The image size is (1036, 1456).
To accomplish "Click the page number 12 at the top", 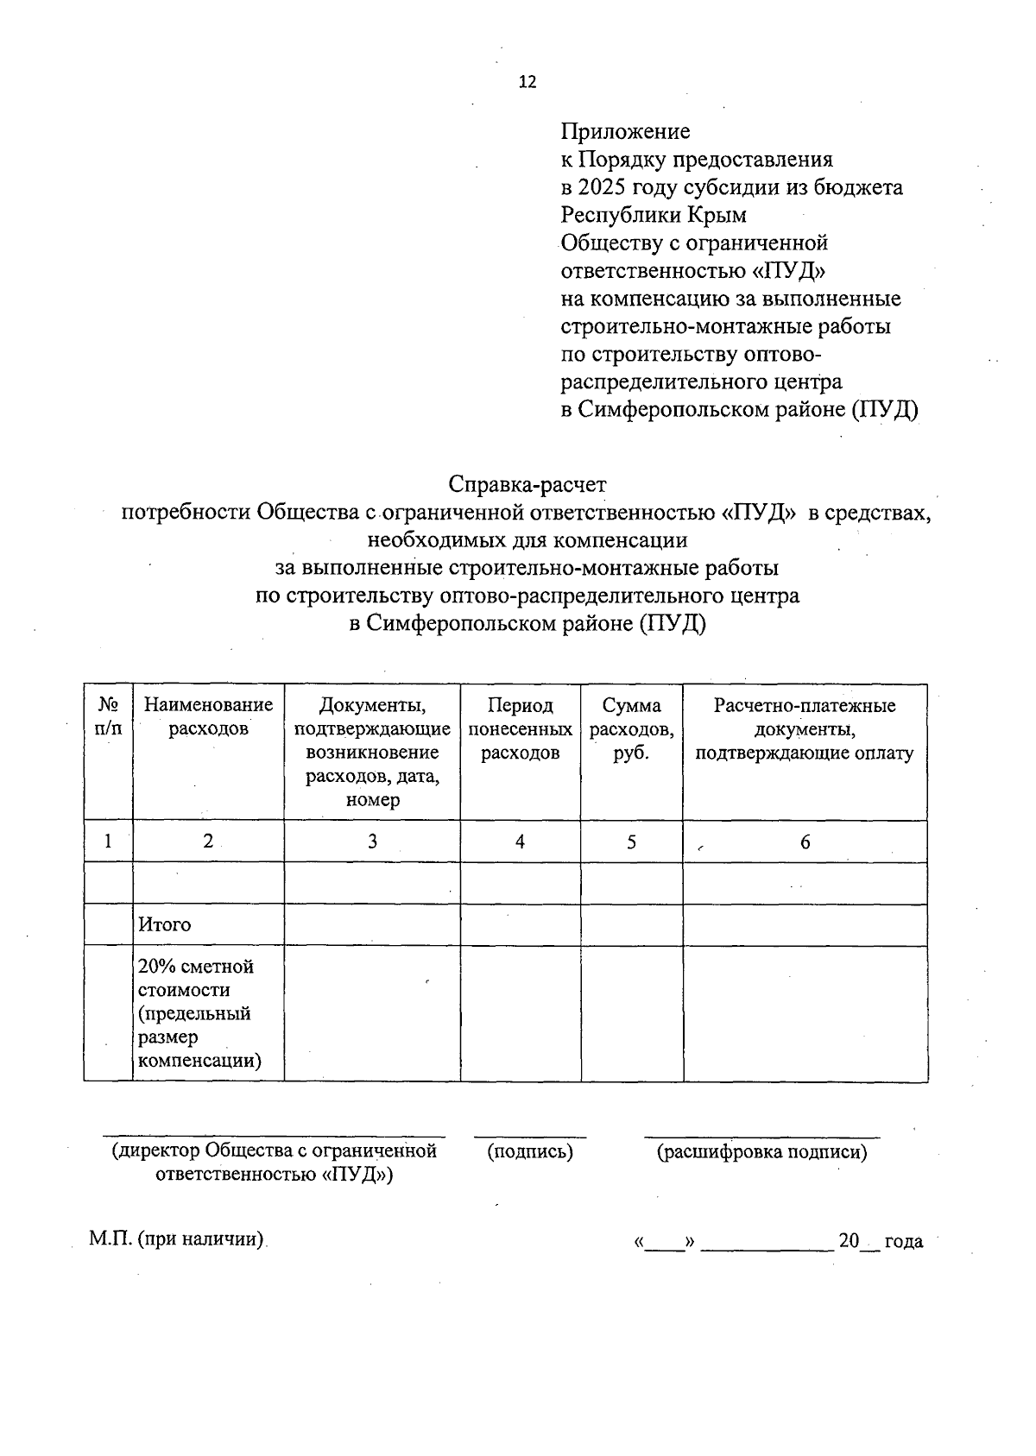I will pyautogui.click(x=527, y=82).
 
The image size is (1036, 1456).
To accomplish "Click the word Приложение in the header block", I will pyautogui.click(x=625, y=132).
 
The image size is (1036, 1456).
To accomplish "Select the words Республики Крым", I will pyautogui.click(x=654, y=215).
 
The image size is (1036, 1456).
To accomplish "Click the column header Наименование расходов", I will pyautogui.click(x=208, y=717).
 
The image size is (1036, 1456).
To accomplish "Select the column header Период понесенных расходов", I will pyautogui.click(x=520, y=729).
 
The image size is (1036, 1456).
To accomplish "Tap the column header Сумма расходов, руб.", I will pyautogui.click(x=631, y=729).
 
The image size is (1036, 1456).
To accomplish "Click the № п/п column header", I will pyautogui.click(x=108, y=717).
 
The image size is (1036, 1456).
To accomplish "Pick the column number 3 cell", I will pyautogui.click(x=372, y=841).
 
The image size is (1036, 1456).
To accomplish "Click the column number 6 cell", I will pyautogui.click(x=805, y=841).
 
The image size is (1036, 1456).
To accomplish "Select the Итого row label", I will pyautogui.click(x=164, y=925).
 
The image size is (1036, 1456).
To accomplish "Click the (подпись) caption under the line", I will pyautogui.click(x=530, y=1151).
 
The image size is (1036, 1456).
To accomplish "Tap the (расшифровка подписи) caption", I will pyautogui.click(x=761, y=1151).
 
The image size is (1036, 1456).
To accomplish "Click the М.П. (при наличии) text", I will pyautogui.click(x=176, y=1240).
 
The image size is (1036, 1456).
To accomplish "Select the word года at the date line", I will pyautogui.click(x=903, y=1242).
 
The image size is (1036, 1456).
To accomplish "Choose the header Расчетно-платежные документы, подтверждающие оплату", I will pyautogui.click(x=805, y=729).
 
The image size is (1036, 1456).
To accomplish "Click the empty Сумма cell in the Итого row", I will pyautogui.click(x=631, y=925).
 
